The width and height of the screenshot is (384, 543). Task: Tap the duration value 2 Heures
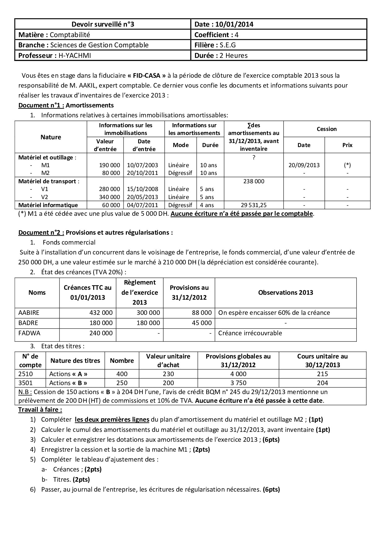coord(233,56)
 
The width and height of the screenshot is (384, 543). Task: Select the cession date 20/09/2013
coord(304,165)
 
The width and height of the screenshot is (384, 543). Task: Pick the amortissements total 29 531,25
coord(254,205)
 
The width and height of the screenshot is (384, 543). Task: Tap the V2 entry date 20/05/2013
coord(144,197)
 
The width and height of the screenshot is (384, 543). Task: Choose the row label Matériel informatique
coord(48,205)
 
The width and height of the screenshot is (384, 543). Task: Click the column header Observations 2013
coord(286,293)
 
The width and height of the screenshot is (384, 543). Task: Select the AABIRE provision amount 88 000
coord(202,313)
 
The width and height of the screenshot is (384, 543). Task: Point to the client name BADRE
coord(28,323)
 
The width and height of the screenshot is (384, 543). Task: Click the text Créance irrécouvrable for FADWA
coord(250,333)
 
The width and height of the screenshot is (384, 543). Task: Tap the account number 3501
coord(26,383)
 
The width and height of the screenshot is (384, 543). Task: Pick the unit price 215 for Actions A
coord(322,374)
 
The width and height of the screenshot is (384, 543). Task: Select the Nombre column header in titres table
coord(122,361)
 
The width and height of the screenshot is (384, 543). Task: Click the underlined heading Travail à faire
coord(40,410)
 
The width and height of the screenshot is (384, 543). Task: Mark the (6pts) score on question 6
coord(271,489)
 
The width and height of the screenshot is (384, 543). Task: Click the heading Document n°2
coord(41,232)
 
